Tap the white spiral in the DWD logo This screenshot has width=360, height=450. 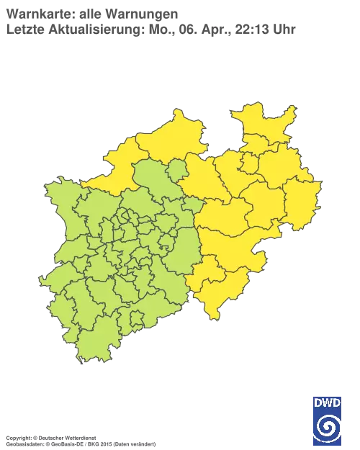pyautogui.click(x=328, y=426)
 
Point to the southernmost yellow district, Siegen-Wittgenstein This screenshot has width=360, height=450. pyautogui.click(x=212, y=295)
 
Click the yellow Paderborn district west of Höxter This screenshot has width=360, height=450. pyautogui.click(x=266, y=202)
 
